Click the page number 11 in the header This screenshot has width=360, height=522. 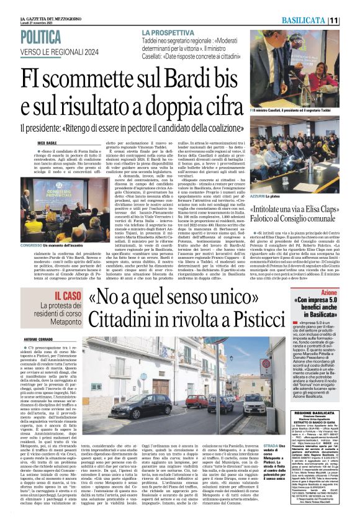(x=350, y=21)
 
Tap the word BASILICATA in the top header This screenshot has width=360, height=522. (x=321, y=21)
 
